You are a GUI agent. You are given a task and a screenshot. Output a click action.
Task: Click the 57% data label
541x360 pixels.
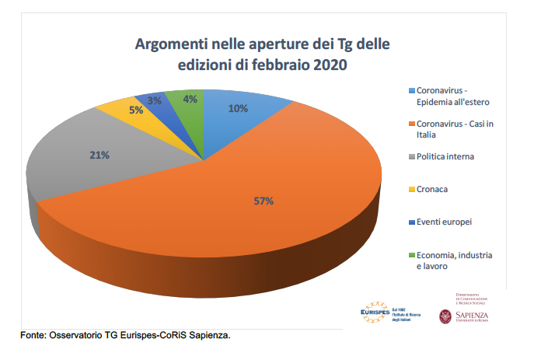click(263, 201)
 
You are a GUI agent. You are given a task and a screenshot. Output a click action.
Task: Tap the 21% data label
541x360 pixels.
click(99, 155)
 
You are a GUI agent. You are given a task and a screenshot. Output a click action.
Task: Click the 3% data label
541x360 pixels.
click(155, 100)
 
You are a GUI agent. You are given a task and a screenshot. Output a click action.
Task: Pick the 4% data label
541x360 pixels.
click(189, 99)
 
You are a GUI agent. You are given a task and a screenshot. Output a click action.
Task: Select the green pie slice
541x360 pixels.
click(187, 117)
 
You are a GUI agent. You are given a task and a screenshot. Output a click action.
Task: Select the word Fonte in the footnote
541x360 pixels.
click(33, 336)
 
